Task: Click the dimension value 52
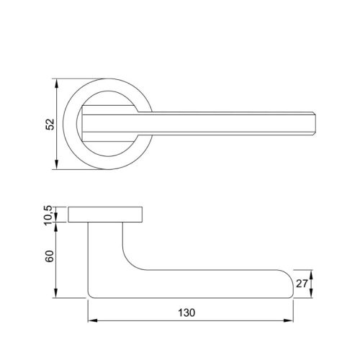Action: pos(50,125)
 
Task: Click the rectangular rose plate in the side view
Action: pos(107,215)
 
